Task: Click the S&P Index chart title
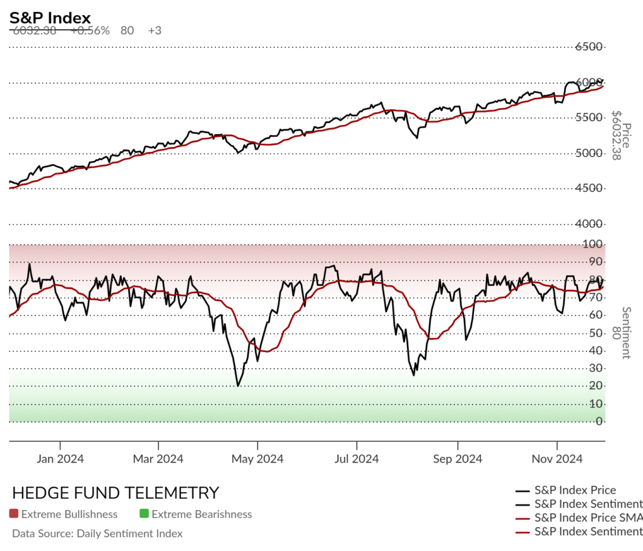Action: click(50, 18)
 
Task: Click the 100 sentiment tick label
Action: click(594, 244)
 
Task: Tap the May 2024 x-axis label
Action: click(257, 459)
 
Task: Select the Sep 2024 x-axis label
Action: click(457, 459)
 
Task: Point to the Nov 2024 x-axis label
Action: click(557, 459)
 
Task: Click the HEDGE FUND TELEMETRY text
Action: click(116, 493)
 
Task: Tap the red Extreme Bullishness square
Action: click(14, 514)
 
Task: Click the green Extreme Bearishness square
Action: click(144, 514)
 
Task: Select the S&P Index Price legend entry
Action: click(575, 490)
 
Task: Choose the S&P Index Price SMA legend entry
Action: click(588, 518)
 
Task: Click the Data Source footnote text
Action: click(97, 533)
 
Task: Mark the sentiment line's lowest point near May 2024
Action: click(238, 385)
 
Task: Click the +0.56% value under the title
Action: click(90, 30)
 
